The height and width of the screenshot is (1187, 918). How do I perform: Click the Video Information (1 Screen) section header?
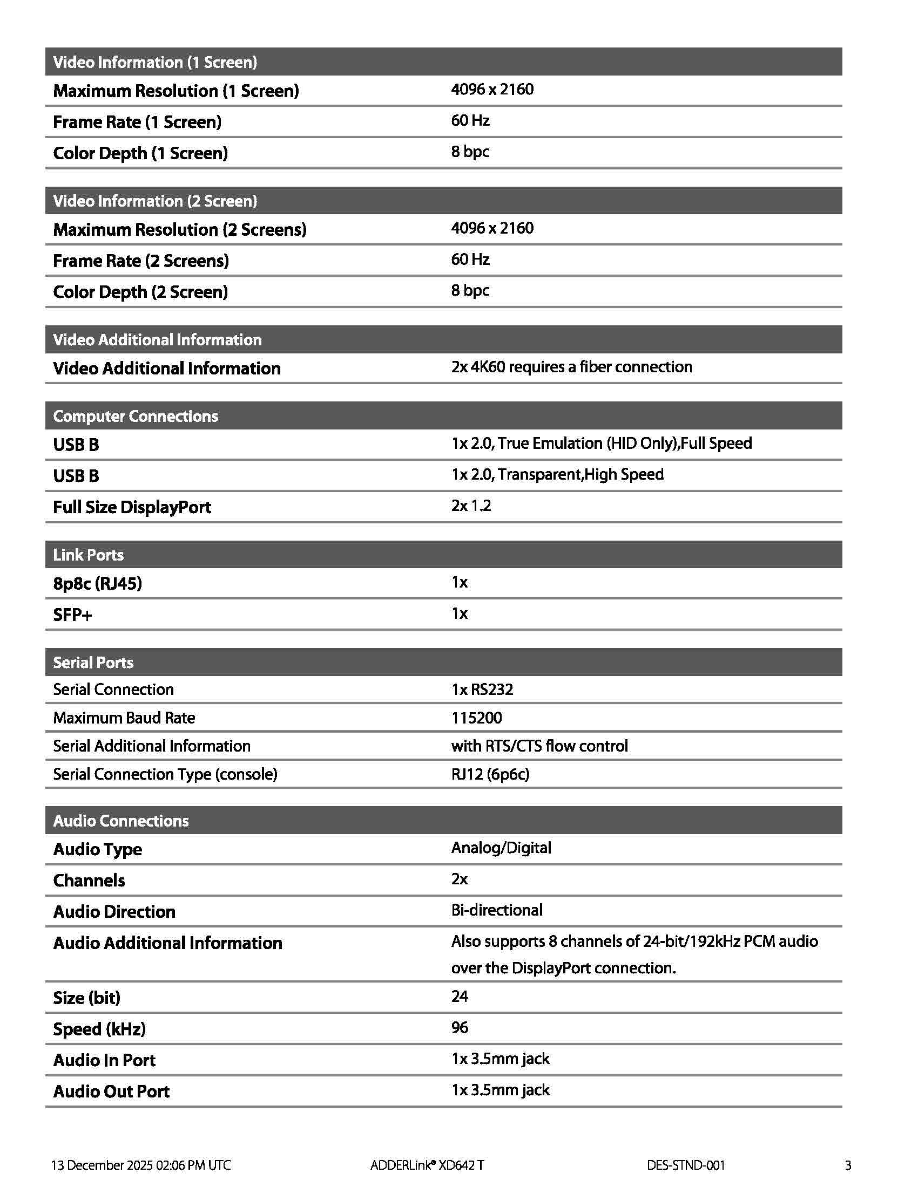tap(155, 62)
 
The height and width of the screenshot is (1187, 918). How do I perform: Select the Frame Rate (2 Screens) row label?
tap(141, 261)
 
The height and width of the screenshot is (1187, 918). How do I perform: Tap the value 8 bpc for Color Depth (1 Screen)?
tap(470, 152)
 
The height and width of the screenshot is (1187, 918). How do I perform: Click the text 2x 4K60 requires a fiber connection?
tap(571, 367)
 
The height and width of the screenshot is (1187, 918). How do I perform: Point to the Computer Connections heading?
tap(136, 417)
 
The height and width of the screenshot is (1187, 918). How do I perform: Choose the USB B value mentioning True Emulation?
tap(601, 444)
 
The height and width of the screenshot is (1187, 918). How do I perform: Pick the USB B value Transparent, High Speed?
tap(557, 474)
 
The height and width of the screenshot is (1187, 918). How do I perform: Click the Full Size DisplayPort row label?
tap(132, 507)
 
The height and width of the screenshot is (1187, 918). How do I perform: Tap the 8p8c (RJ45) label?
tap(97, 583)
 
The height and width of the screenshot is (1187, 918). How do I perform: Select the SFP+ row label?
tap(72, 615)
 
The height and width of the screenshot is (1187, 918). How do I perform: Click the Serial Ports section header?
tap(93, 663)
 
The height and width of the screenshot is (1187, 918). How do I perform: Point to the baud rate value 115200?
tap(476, 718)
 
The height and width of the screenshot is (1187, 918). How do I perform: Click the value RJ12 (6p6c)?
tap(490, 774)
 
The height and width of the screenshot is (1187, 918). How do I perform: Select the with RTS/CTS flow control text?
tap(539, 746)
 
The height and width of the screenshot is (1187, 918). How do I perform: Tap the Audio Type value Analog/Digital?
tap(501, 848)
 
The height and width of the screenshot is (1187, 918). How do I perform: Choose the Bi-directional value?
tap(496, 910)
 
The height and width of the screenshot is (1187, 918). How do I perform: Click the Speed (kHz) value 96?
tap(460, 1028)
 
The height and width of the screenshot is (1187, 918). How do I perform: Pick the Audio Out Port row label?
tap(111, 1092)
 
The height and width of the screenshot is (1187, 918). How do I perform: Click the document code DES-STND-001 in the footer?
tap(685, 1165)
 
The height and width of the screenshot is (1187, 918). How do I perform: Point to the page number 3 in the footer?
tap(848, 1165)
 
